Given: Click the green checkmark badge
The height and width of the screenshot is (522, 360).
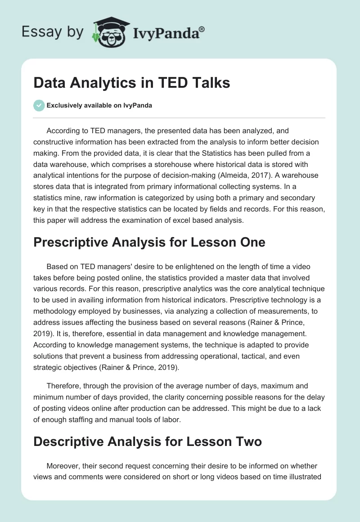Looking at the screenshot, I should coord(39,106).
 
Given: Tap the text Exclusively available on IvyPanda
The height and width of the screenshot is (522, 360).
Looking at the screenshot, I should coord(99,106).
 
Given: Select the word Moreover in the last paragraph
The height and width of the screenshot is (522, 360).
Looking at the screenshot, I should coord(65,467).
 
